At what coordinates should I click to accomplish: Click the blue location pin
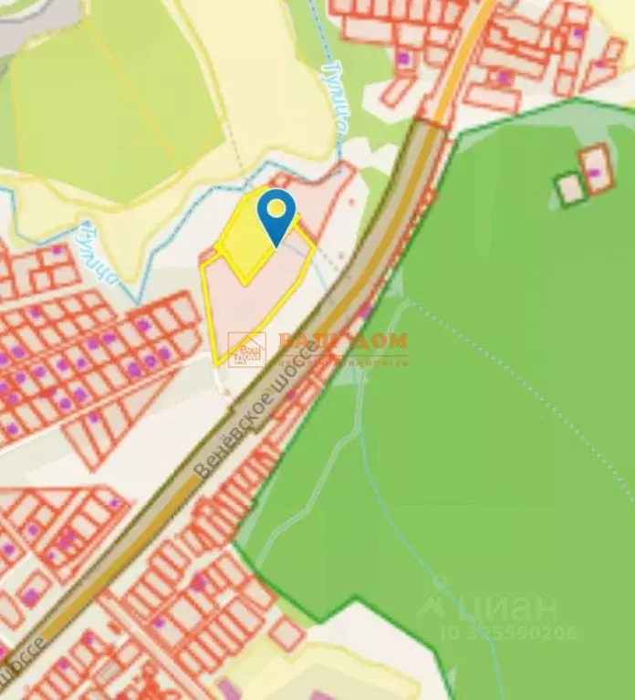point(276,213)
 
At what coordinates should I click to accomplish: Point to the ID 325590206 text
point(509,632)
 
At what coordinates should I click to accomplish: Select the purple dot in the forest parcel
point(594,172)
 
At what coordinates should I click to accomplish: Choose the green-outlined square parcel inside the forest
point(571,188)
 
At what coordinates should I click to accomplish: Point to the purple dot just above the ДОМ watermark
point(365,312)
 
